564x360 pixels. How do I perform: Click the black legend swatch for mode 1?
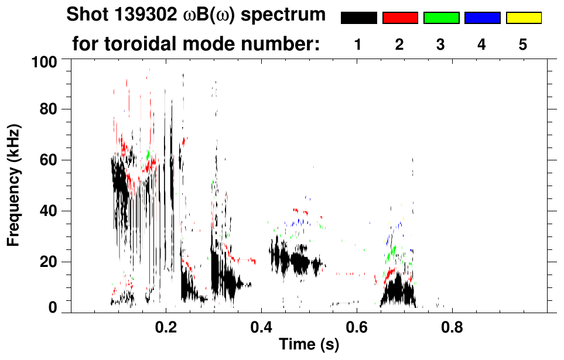[x=359, y=18]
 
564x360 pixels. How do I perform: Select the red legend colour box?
[x=400, y=18]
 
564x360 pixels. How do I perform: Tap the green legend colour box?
[x=441, y=18]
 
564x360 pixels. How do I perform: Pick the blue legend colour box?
[x=482, y=18]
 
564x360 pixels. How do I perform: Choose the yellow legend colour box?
[x=523, y=18]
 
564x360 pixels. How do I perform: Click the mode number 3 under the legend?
[x=440, y=44]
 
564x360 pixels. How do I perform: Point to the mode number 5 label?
[x=523, y=44]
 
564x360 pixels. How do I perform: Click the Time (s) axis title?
[x=309, y=345]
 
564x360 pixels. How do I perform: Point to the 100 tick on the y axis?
[x=45, y=61]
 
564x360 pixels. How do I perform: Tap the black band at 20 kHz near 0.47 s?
[x=296, y=262]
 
